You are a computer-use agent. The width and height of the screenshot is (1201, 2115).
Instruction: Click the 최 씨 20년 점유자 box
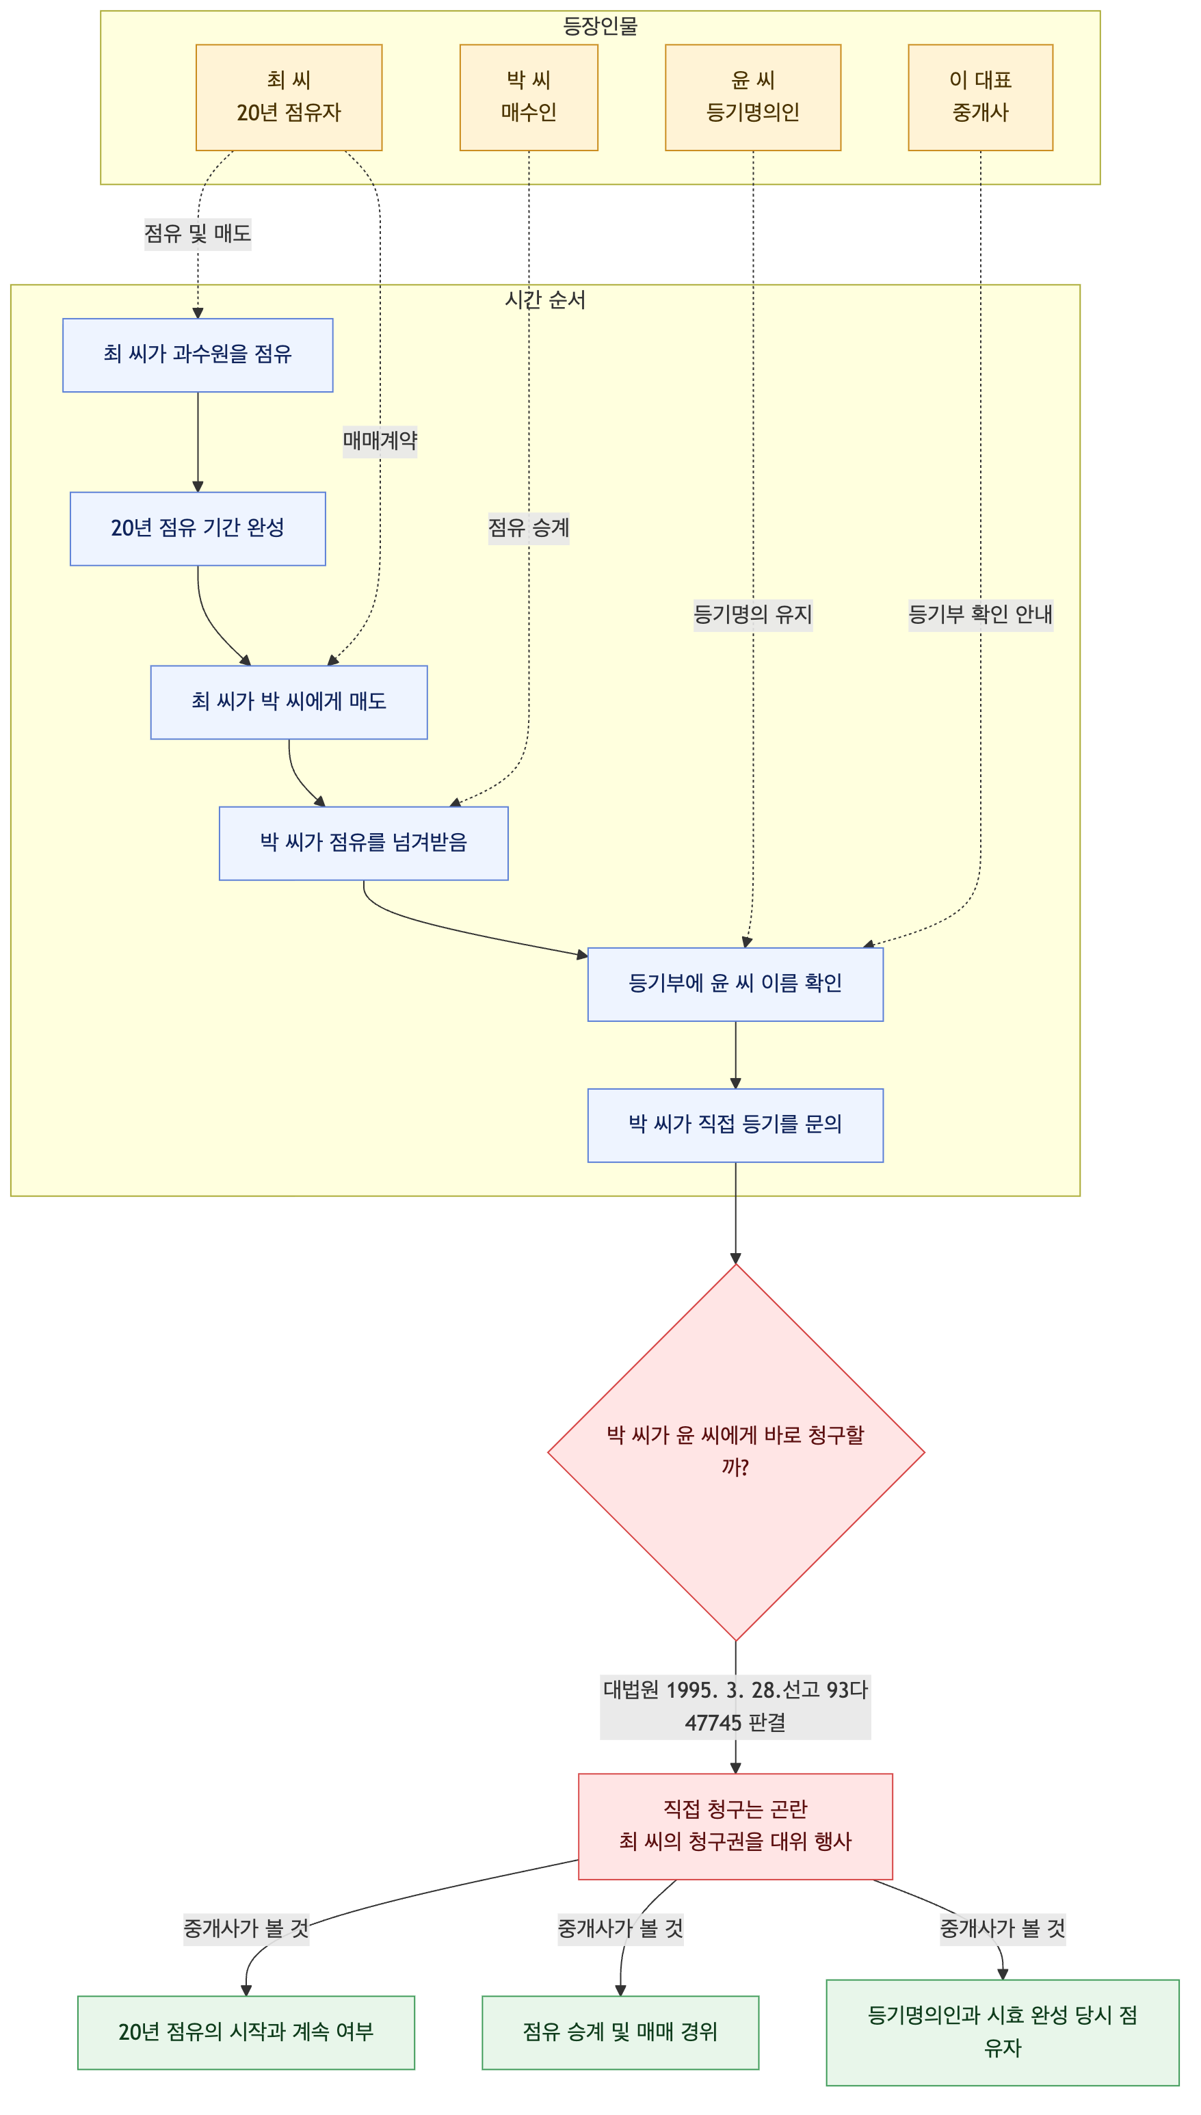pos(289,97)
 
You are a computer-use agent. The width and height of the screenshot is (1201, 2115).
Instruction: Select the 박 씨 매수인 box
pos(529,97)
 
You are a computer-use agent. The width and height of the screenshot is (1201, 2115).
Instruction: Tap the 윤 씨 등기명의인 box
pos(753,97)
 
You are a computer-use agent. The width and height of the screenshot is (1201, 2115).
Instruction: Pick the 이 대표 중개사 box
pos(981,97)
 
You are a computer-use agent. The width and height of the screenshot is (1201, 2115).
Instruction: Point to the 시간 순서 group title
pos(545,300)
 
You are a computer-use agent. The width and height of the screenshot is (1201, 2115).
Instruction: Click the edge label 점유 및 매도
pos(198,233)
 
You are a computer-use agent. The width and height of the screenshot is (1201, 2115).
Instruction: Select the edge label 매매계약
pos(380,441)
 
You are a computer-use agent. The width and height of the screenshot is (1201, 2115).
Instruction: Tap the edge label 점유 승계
pos(529,527)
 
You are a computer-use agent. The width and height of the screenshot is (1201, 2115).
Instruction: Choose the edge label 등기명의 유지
pos(753,614)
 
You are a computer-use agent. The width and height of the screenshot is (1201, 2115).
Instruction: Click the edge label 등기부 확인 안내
pos(981,614)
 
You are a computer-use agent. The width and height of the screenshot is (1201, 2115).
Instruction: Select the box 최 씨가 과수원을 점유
pos(198,355)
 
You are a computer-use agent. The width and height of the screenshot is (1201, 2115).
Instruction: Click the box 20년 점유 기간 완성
pos(198,529)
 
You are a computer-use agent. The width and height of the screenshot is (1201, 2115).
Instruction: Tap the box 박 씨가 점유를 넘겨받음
pos(364,843)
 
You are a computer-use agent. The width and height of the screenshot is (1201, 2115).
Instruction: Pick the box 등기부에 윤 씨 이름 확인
pos(736,984)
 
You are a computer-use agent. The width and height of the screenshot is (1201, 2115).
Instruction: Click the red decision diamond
pos(736,1451)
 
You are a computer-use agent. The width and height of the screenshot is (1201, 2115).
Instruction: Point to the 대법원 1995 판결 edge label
pos(736,1706)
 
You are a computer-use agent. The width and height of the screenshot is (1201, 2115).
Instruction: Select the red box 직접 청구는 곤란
pos(736,1826)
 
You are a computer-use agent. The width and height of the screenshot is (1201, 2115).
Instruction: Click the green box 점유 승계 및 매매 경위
pos(620,2032)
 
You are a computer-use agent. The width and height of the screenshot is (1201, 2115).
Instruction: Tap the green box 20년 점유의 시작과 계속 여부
pos(246,2032)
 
